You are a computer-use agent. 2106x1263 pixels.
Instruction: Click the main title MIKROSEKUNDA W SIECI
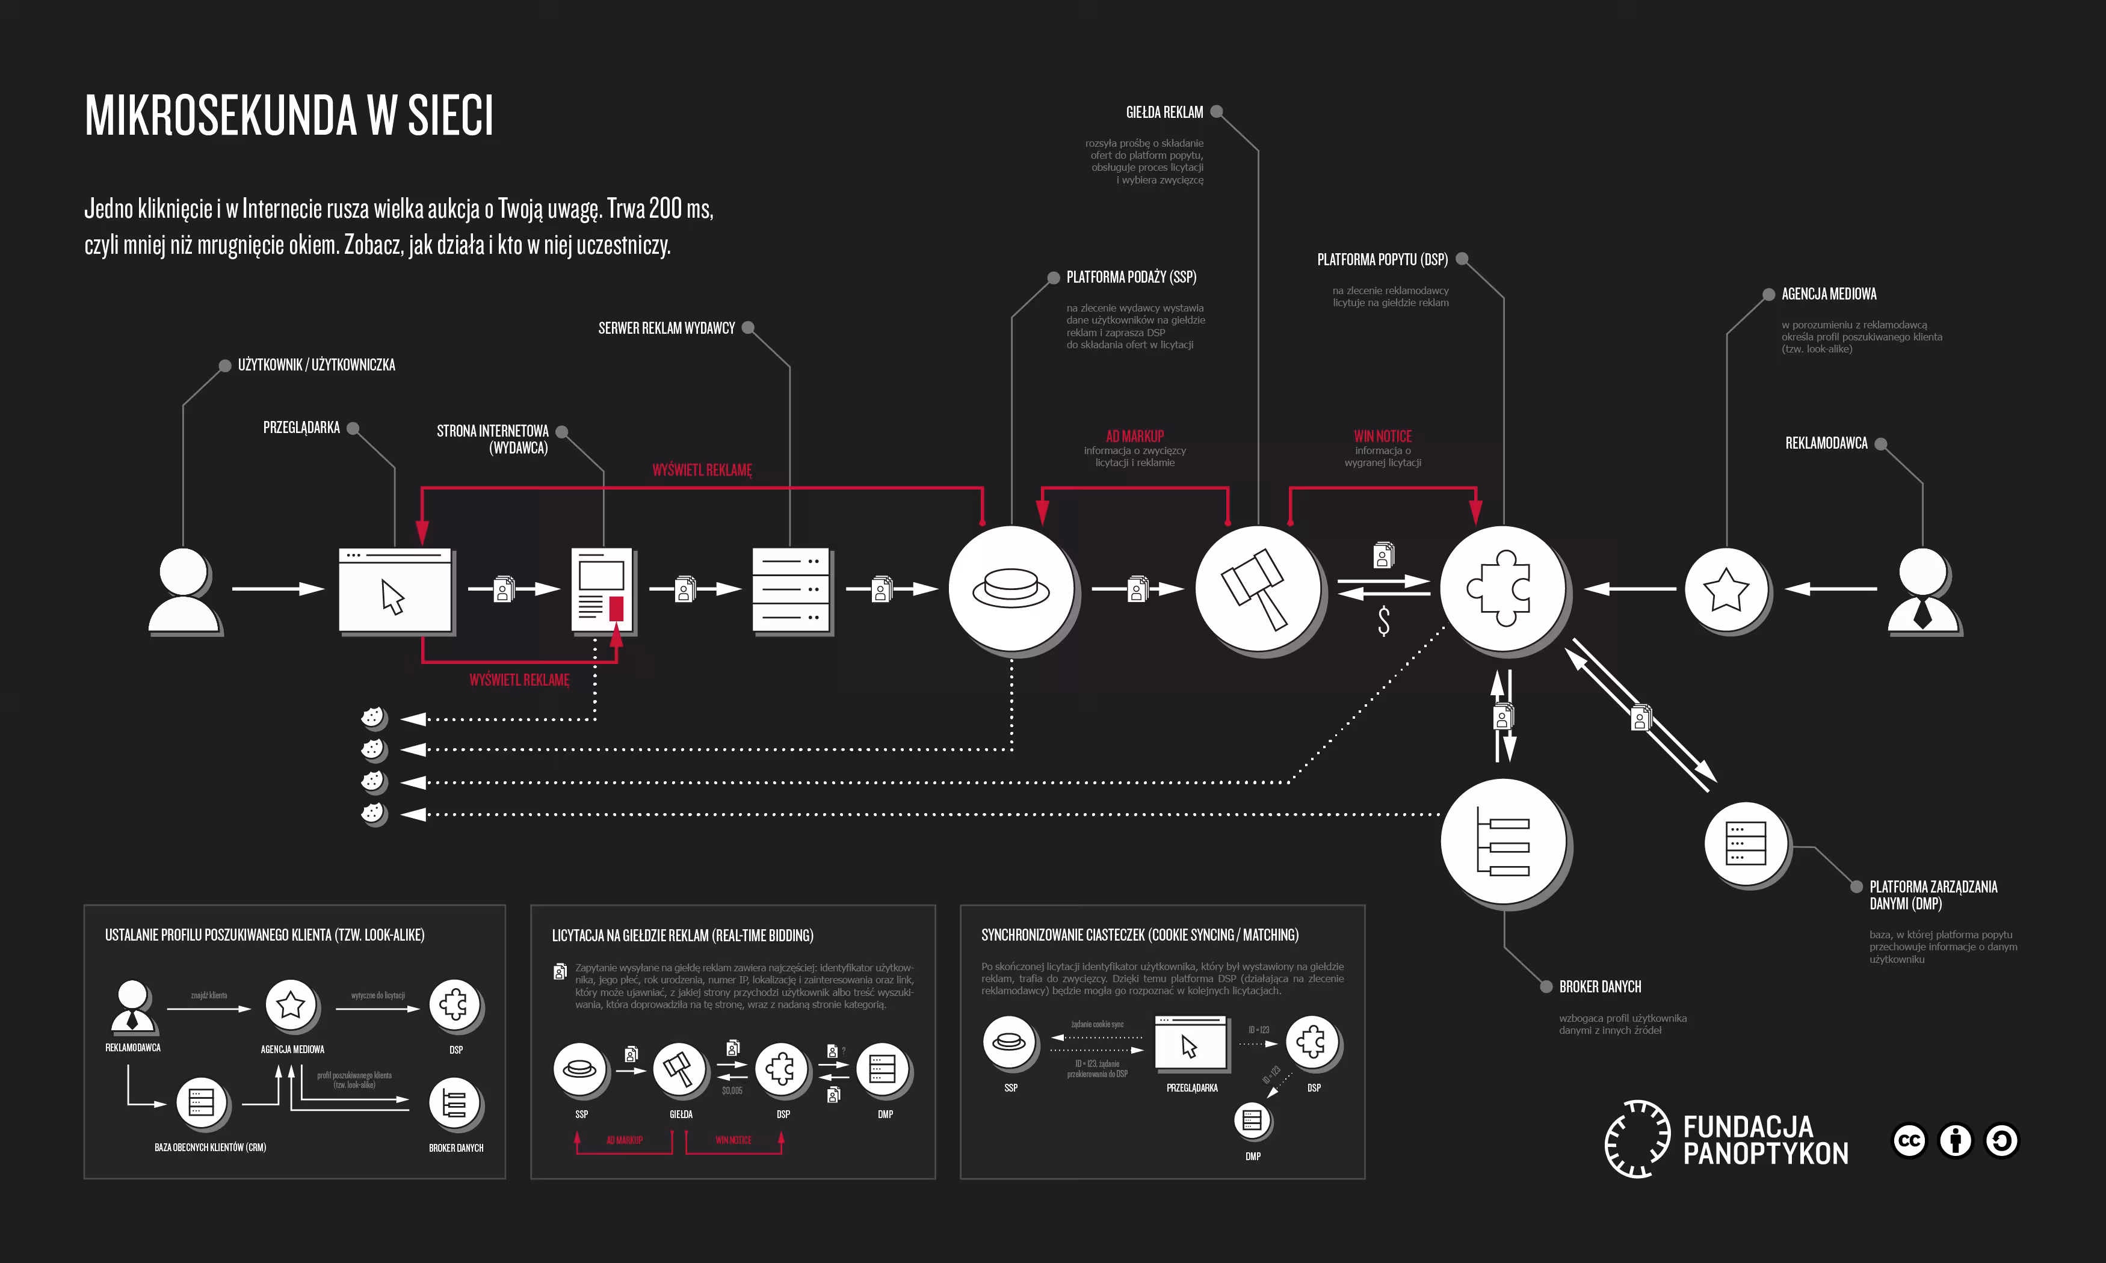pyautogui.click(x=289, y=115)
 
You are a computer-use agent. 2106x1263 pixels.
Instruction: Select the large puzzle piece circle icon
pyautogui.click(x=1502, y=588)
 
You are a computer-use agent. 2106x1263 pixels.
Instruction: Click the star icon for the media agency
pyautogui.click(x=1726, y=589)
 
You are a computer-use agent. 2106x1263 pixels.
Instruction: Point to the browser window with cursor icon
pyautogui.click(x=395, y=591)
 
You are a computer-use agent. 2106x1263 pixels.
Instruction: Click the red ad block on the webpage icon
pyautogui.click(x=616, y=607)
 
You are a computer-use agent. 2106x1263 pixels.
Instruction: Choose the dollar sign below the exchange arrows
pyautogui.click(x=1383, y=621)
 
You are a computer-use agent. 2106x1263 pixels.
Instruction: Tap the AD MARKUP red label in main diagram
pyautogui.click(x=1135, y=436)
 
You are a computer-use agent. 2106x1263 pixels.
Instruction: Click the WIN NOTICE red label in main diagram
pyautogui.click(x=1382, y=436)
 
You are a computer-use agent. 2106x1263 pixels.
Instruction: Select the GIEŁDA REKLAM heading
pyautogui.click(x=1164, y=112)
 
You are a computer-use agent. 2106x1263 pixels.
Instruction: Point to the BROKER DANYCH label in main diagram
pyautogui.click(x=1599, y=986)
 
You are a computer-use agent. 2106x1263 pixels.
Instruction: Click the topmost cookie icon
pyautogui.click(x=372, y=718)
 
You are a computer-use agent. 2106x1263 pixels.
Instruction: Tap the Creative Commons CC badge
pyautogui.click(x=1909, y=1140)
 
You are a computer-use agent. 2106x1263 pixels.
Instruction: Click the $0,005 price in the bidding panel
pyautogui.click(x=732, y=1090)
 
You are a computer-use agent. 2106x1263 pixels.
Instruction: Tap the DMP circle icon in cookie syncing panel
pyautogui.click(x=1252, y=1120)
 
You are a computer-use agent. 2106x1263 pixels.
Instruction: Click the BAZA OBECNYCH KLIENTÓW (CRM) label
pyautogui.click(x=210, y=1148)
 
